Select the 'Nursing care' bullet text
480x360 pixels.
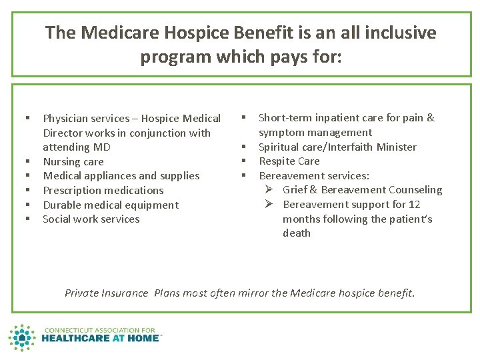(x=73, y=161)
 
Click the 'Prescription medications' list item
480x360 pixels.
(x=103, y=190)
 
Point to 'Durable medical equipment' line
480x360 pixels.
(x=111, y=205)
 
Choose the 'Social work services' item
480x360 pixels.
(x=91, y=219)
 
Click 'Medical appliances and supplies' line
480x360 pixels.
(x=121, y=175)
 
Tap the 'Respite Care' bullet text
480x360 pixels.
(x=289, y=161)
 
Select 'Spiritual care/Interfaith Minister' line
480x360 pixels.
(x=337, y=147)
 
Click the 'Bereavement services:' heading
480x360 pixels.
(x=313, y=175)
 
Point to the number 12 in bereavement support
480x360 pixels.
(x=414, y=204)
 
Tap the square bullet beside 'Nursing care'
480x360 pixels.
(x=29, y=161)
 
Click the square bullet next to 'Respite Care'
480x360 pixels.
(x=244, y=161)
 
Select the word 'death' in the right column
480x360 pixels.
(x=297, y=233)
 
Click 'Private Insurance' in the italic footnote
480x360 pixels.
(x=106, y=293)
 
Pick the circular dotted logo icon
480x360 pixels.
(x=23, y=338)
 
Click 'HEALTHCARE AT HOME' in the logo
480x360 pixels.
(x=101, y=338)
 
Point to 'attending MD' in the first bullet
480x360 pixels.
(x=77, y=147)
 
